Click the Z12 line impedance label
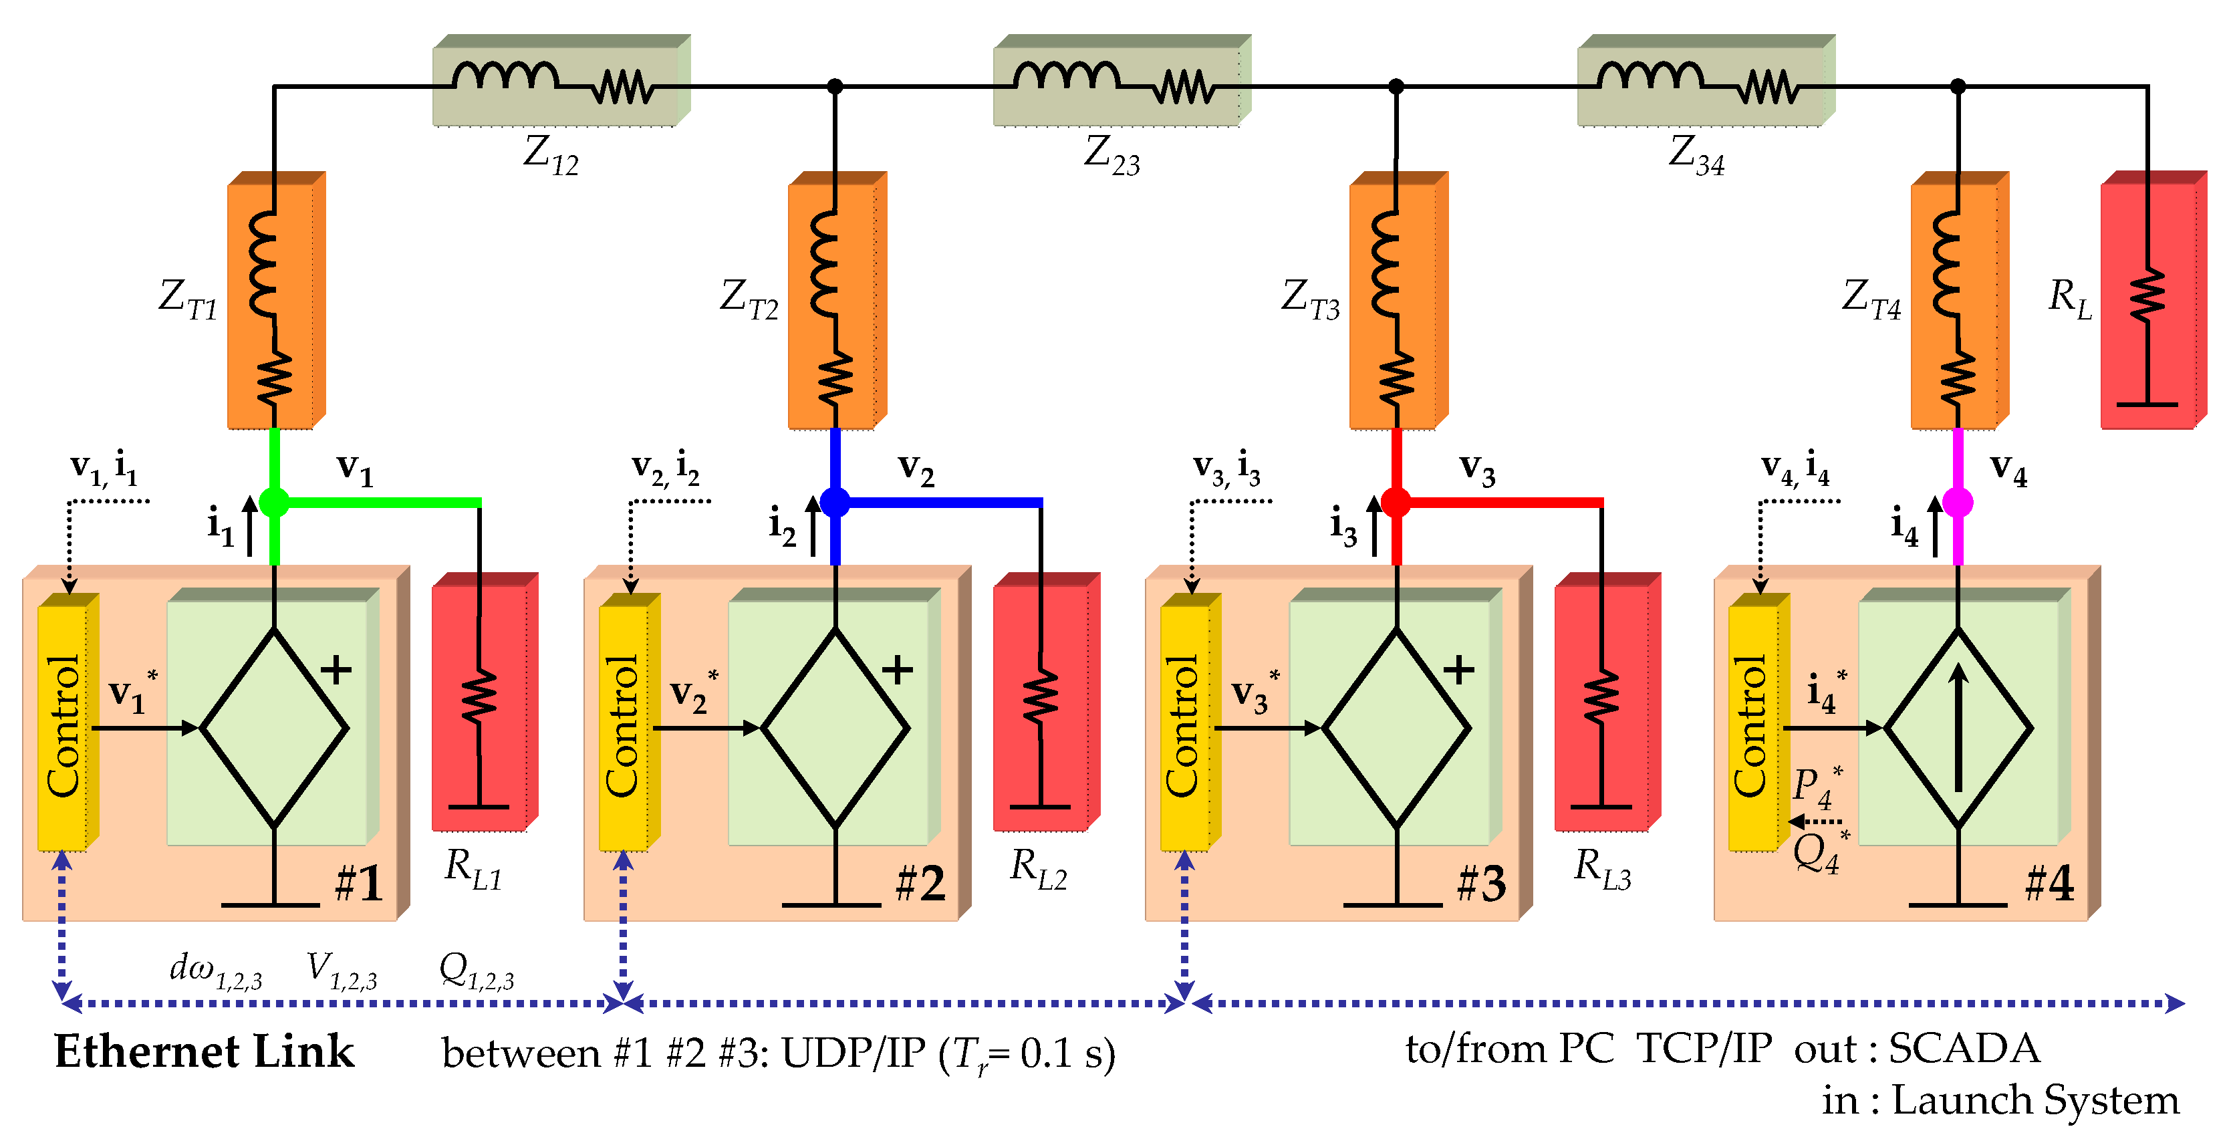(550, 156)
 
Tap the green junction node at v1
(274, 502)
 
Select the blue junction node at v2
(835, 502)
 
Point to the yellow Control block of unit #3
(1184, 725)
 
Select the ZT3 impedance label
(1309, 299)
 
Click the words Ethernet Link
(205, 1052)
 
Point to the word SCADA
(1964, 1049)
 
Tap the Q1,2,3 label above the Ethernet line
(476, 971)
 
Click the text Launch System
(2035, 1101)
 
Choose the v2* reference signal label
(693, 692)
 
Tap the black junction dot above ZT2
(835, 86)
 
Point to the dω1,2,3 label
(215, 971)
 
